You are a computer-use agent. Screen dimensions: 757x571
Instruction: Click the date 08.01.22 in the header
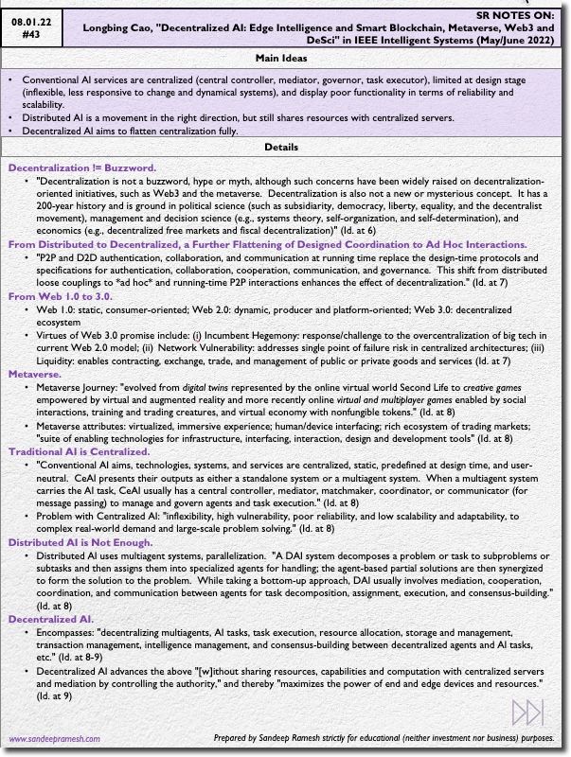tap(31, 17)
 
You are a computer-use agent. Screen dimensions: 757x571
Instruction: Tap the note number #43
tap(31, 32)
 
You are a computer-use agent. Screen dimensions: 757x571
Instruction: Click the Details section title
tap(282, 147)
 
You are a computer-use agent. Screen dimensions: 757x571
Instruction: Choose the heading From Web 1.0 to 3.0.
tap(60, 296)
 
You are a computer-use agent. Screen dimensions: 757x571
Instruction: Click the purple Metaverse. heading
tap(35, 374)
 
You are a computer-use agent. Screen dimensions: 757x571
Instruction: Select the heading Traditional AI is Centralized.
tap(79, 451)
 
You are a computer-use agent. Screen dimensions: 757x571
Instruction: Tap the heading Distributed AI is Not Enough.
tap(80, 542)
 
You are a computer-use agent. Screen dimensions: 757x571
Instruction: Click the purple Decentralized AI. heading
tap(50, 619)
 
